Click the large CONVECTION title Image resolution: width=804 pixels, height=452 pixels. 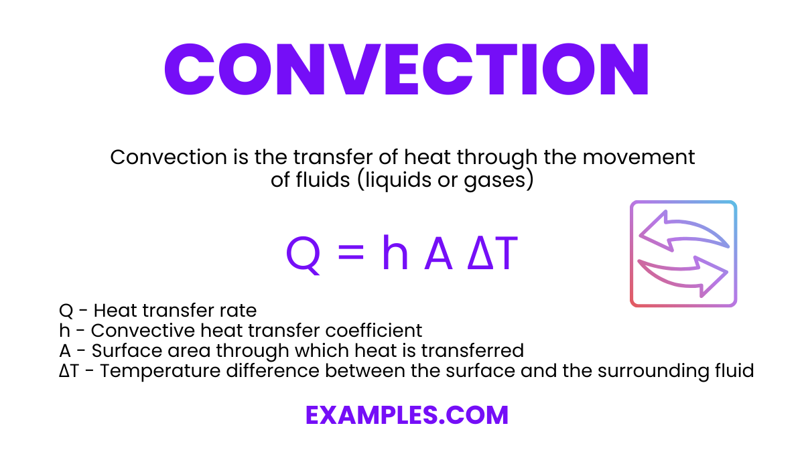point(407,70)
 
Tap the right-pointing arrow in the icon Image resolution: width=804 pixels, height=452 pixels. point(684,275)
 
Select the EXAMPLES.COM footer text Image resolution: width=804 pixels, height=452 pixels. point(407,415)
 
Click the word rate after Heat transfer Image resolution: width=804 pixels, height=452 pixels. point(242,311)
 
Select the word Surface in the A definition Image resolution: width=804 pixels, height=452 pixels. point(122,350)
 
